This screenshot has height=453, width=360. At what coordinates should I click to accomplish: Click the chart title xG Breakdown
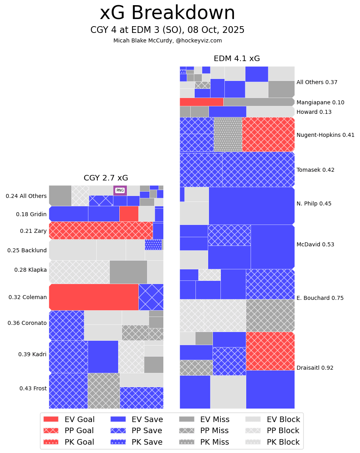[167, 13]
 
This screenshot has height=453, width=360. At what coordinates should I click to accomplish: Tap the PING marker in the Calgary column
[120, 190]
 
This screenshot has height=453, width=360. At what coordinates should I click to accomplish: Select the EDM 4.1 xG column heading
[237, 59]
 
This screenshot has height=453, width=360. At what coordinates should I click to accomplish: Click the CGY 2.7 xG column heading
[106, 178]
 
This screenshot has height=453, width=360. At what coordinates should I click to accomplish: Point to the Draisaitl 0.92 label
[315, 368]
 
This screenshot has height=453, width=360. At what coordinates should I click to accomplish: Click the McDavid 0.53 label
[315, 244]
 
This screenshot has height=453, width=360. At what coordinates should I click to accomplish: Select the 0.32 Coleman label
[28, 297]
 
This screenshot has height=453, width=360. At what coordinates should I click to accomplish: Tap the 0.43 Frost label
[33, 388]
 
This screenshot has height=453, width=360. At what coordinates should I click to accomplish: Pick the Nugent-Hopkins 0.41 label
[326, 135]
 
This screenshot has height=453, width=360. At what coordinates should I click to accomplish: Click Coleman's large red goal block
[94, 297]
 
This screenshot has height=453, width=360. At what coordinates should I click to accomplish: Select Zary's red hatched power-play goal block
[101, 230]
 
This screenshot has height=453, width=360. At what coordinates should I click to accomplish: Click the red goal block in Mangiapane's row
[201, 102]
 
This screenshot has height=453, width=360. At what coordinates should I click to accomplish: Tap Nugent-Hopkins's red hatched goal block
[268, 134]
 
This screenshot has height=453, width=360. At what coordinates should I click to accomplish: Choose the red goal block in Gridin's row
[129, 213]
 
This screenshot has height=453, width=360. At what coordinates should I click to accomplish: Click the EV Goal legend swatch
[51, 419]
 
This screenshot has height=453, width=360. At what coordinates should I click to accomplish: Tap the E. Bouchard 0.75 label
[320, 298]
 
